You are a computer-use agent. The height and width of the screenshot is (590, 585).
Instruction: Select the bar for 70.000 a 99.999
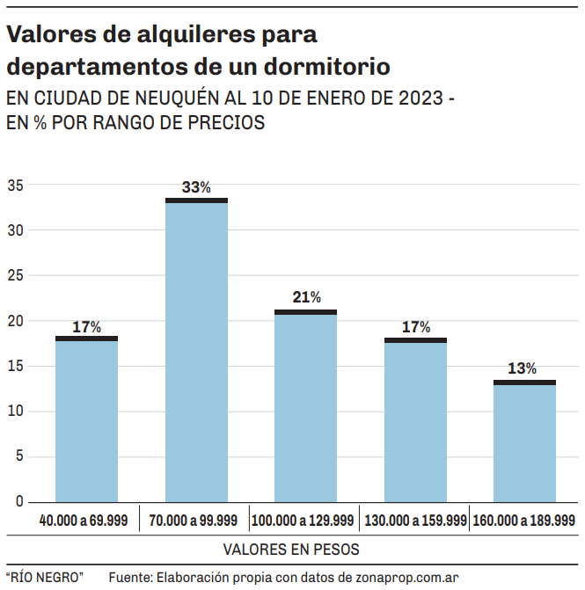[x=196, y=352]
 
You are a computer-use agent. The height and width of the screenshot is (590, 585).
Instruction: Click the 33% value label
[x=196, y=187]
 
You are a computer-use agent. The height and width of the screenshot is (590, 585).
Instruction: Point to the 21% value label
[x=306, y=298]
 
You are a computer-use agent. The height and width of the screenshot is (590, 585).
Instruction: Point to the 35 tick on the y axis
[x=15, y=186]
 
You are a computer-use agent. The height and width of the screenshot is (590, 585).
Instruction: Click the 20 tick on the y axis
[x=15, y=321]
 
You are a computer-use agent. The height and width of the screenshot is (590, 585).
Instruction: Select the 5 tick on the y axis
[x=18, y=456]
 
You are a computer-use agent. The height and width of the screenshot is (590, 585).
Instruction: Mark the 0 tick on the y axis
[x=18, y=501]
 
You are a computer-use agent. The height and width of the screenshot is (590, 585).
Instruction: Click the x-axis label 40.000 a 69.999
[x=84, y=521]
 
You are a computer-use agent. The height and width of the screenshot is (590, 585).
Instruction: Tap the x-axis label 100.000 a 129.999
[x=303, y=521]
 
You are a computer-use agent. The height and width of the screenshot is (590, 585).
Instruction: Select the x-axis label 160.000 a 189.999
[x=524, y=521]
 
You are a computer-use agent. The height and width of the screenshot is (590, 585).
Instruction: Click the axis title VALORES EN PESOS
[x=291, y=550]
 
